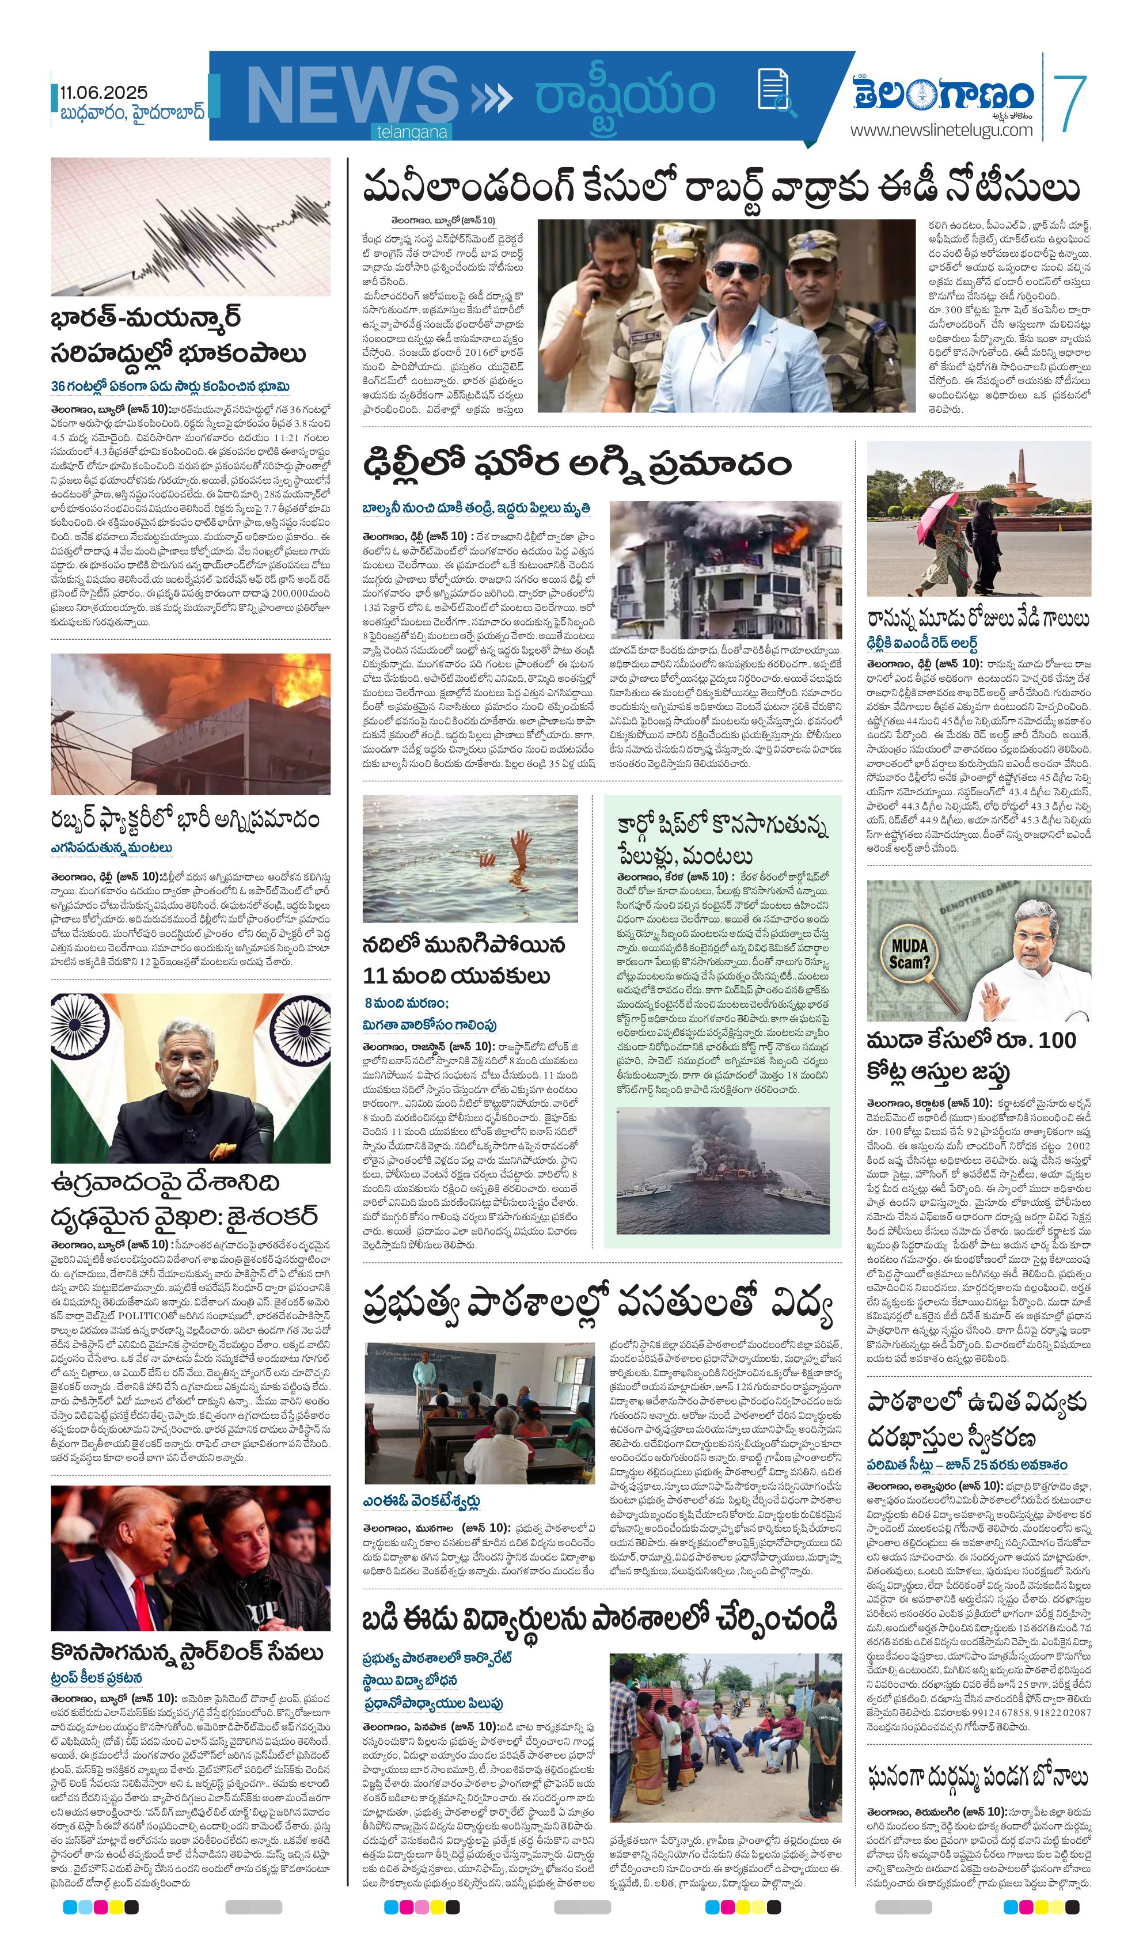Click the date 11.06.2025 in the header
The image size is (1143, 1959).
tap(104, 93)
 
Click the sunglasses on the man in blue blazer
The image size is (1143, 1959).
tap(736, 269)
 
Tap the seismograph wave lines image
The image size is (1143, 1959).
tap(191, 226)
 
